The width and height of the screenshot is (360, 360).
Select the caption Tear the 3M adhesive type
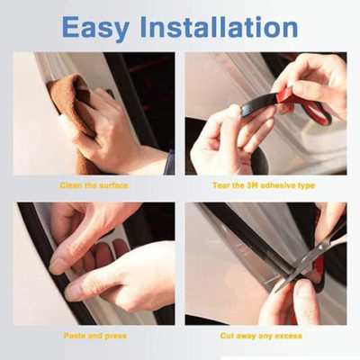point(265,184)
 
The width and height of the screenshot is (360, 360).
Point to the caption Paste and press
point(95,335)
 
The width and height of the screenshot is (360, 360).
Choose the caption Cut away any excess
point(265,335)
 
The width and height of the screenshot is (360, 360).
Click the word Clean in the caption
point(73,184)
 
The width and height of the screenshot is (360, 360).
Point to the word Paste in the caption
point(75,335)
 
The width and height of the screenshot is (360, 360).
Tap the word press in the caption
point(115,335)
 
